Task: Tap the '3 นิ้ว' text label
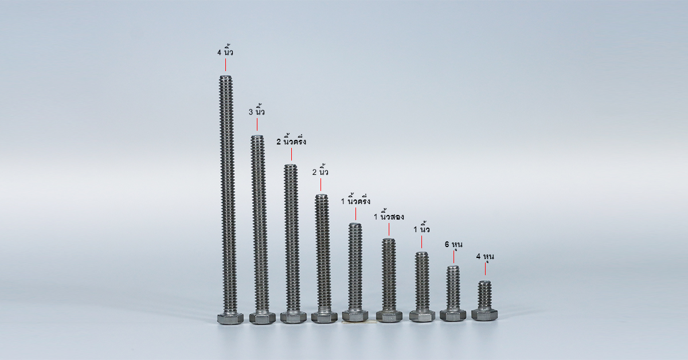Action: pos(257,111)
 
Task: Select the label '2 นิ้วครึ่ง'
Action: pos(291,140)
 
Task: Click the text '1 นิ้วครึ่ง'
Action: pos(355,200)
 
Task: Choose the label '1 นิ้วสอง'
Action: pos(389,216)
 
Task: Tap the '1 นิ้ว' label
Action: pos(421,228)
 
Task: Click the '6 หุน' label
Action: pos(454,244)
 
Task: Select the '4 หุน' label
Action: pos(485,256)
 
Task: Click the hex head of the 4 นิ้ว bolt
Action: pos(230,319)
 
